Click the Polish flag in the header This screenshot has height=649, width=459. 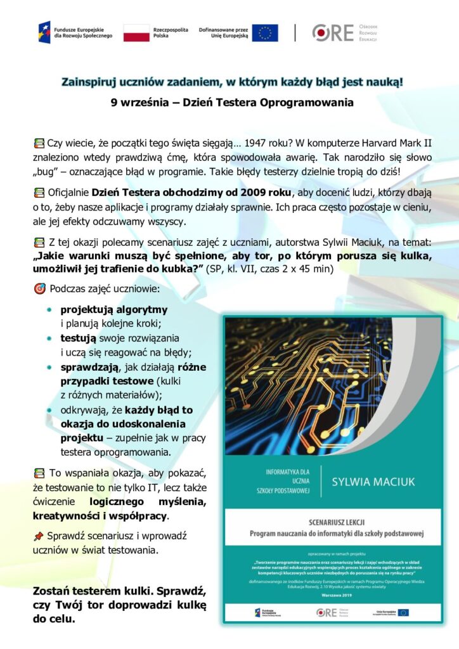pos(136,33)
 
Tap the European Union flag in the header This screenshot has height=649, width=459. pos(264,33)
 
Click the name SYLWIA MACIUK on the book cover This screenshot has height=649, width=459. pos(373,482)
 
